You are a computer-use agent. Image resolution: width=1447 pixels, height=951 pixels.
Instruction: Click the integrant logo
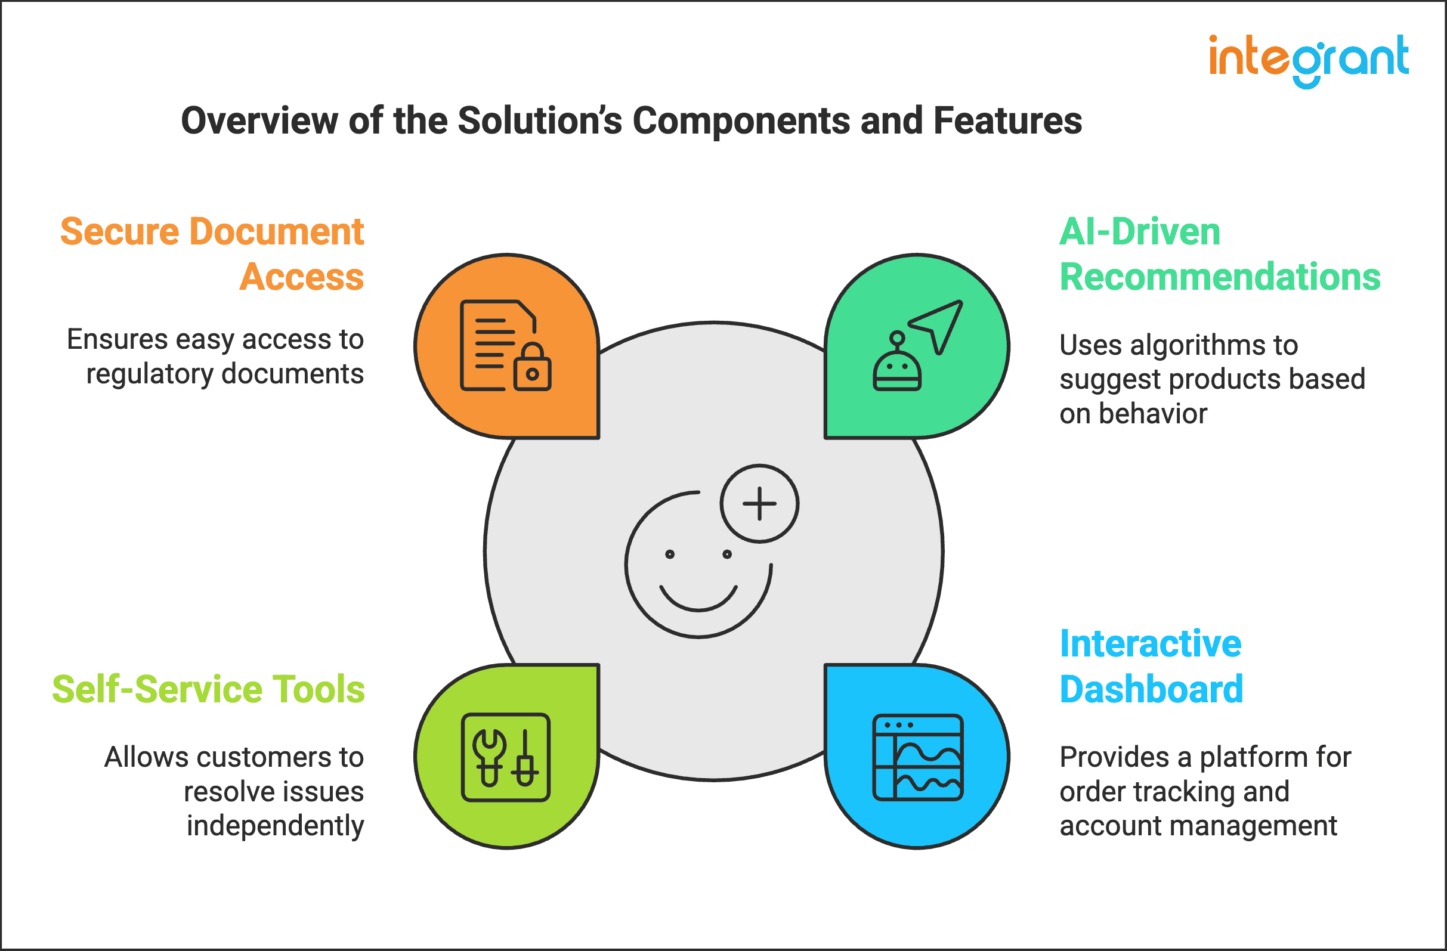(1309, 60)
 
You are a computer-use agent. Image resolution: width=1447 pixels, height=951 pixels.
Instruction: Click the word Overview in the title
(259, 121)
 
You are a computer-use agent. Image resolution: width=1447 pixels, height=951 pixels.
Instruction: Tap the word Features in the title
(1007, 121)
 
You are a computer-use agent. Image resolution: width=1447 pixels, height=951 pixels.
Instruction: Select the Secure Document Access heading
(212, 254)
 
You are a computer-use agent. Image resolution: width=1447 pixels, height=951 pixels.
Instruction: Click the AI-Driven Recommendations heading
(1219, 254)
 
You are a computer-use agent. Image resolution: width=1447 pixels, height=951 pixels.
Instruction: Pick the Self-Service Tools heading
(209, 689)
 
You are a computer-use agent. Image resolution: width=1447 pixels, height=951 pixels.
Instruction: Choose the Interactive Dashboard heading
(1151, 666)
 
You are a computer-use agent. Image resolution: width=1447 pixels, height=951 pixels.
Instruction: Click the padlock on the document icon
(532, 368)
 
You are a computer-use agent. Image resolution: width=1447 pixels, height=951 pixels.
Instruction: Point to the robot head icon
(897, 367)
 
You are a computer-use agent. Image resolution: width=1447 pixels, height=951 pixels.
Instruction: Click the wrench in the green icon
(489, 756)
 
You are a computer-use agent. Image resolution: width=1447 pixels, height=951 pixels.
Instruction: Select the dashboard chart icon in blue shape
(917, 757)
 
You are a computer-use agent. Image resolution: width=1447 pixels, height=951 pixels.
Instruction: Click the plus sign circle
(759, 503)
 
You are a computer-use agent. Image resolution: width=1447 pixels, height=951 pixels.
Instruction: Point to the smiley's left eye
(669, 553)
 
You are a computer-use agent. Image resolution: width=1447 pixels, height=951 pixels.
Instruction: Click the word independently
(275, 826)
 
